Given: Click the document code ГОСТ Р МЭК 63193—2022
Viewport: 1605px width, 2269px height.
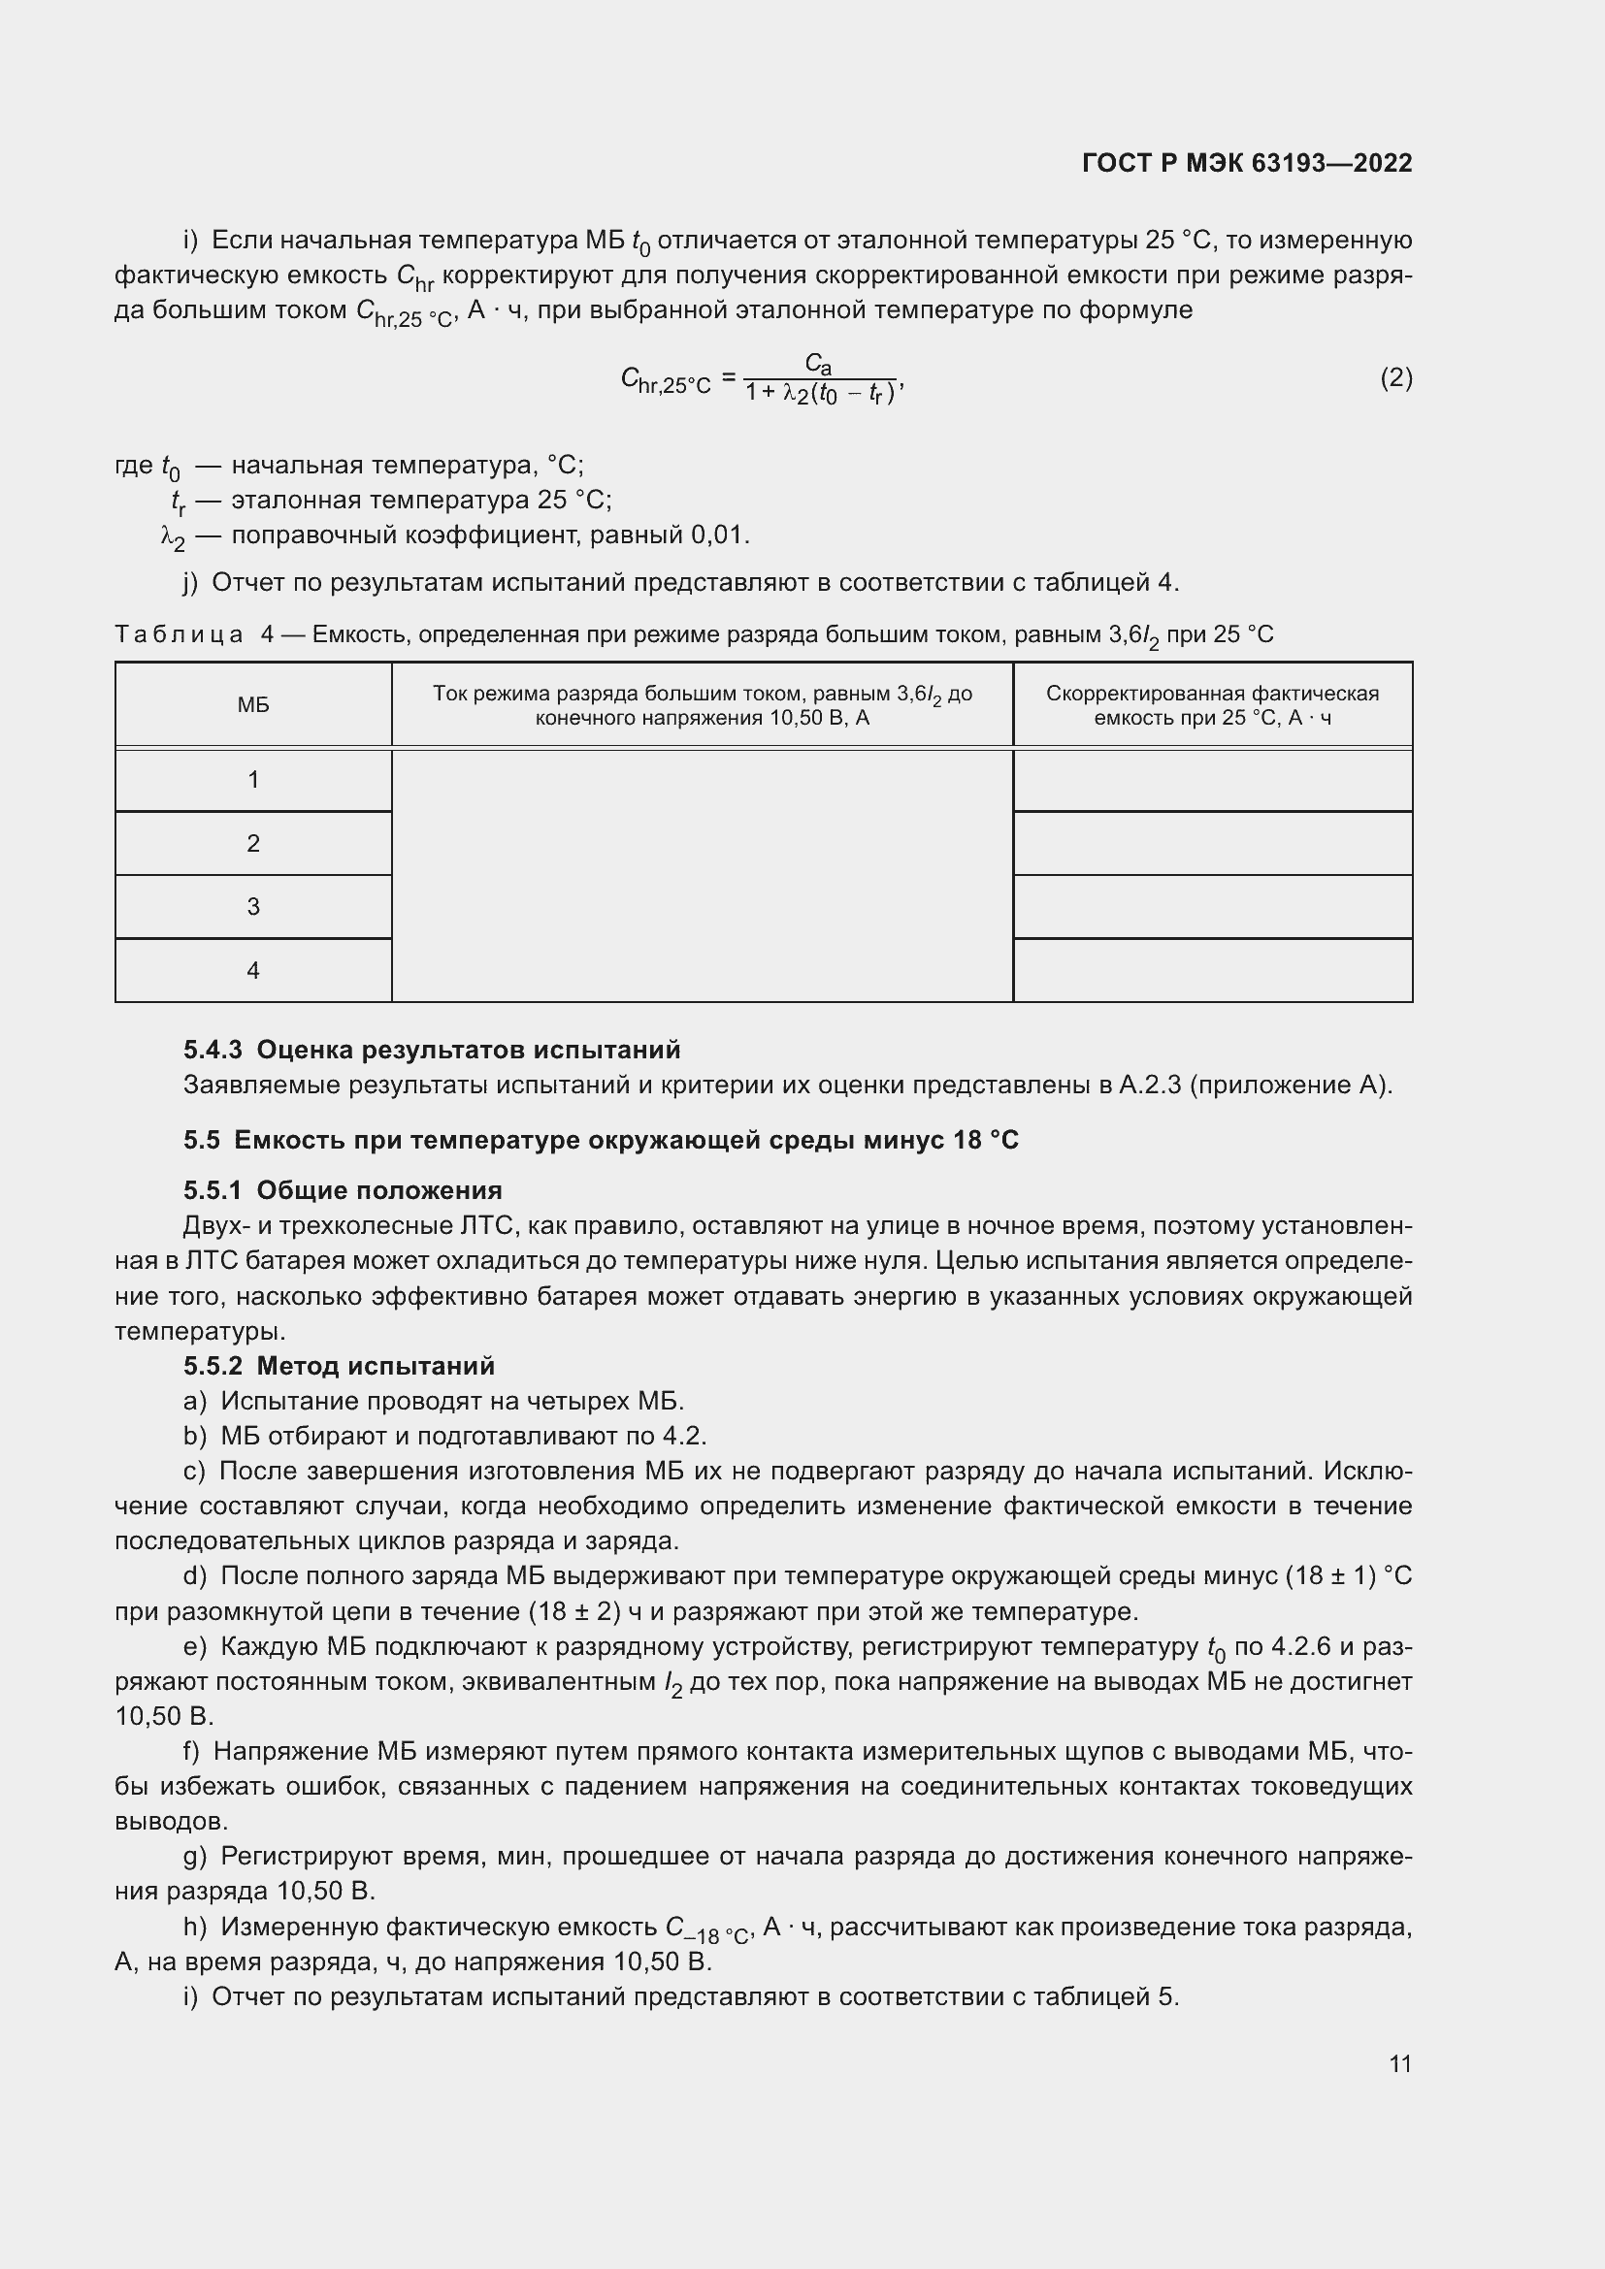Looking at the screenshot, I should pyautogui.click(x=1246, y=163).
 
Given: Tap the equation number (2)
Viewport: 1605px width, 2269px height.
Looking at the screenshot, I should pyautogui.click(x=1395, y=377).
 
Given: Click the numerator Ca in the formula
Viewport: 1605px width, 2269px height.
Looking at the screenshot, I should pyautogui.click(x=818, y=364).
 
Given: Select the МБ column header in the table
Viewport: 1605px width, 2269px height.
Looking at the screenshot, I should pyautogui.click(x=253, y=704).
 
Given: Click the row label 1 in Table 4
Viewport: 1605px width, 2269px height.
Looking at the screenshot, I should pyautogui.click(x=253, y=781).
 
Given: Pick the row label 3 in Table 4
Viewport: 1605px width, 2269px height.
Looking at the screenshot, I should pyautogui.click(x=253, y=907).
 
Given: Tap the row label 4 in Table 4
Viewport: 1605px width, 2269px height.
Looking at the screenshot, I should pyautogui.click(x=253, y=970).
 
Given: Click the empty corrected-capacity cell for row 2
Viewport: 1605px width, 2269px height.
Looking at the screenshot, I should pyautogui.click(x=1213, y=844).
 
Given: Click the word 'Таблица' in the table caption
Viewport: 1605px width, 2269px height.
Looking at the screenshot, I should pyautogui.click(x=179, y=634).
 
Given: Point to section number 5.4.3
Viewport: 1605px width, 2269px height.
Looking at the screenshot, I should pyautogui.click(x=213, y=1050).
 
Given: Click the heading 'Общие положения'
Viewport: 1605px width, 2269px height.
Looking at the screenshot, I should pyautogui.click(x=379, y=1190).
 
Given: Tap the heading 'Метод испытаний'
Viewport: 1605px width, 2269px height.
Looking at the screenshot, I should pyautogui.click(x=376, y=1366).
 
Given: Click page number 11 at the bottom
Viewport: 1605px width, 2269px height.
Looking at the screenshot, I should pyautogui.click(x=1399, y=2063).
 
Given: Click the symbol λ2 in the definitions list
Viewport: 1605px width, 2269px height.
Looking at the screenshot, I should pyautogui.click(x=172, y=537).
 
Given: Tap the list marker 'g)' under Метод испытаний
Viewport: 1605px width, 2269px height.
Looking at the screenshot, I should pyautogui.click(x=195, y=1856).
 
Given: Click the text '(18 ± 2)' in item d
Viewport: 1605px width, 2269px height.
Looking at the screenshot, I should pyautogui.click(x=573, y=1612).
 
